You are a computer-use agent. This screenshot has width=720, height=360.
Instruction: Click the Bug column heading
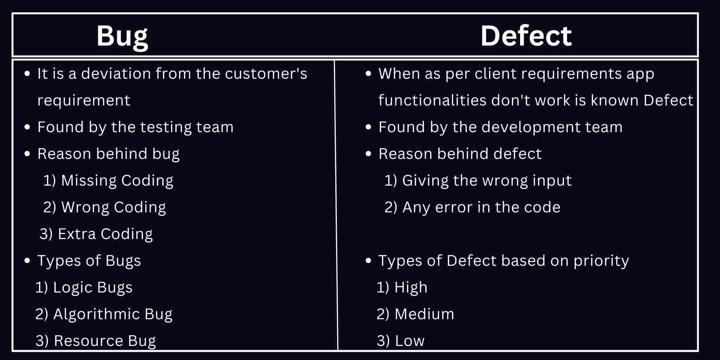[122, 36]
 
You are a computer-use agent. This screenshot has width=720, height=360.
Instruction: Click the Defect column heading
[526, 36]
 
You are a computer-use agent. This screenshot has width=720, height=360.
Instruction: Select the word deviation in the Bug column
[116, 74]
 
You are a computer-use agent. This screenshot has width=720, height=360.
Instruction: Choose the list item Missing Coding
[108, 181]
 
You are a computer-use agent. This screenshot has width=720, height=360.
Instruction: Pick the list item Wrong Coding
[104, 207]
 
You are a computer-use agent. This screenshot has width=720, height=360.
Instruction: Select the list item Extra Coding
[96, 234]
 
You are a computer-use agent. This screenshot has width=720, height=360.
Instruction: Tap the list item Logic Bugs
[84, 288]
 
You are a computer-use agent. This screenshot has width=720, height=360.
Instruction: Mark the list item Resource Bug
[96, 341]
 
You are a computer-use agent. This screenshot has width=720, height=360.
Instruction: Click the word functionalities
[432, 101]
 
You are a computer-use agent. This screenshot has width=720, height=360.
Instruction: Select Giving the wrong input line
[478, 181]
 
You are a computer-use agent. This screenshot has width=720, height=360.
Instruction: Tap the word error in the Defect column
[454, 207]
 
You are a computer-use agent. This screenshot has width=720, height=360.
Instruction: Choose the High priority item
[402, 288]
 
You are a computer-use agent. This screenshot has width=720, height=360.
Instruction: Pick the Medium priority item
[415, 314]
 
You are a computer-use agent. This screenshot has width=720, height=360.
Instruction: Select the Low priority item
[401, 341]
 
